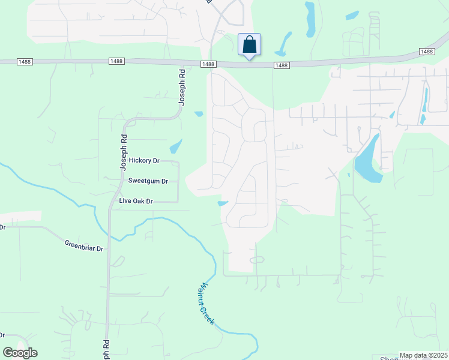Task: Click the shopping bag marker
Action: (x=249, y=45)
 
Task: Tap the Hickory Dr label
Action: (x=144, y=161)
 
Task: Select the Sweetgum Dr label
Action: (x=144, y=181)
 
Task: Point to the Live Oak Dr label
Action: (x=136, y=201)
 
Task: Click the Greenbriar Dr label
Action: (x=84, y=245)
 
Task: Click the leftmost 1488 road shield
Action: (x=25, y=62)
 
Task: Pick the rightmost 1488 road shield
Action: (x=427, y=52)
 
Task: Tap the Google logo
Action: (x=20, y=353)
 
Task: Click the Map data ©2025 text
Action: (x=423, y=355)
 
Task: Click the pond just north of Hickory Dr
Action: (x=175, y=146)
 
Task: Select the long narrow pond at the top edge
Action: (x=310, y=19)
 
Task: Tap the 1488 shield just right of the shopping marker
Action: (x=281, y=65)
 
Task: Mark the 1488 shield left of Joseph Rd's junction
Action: (x=116, y=62)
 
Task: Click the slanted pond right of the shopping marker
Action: (x=283, y=43)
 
